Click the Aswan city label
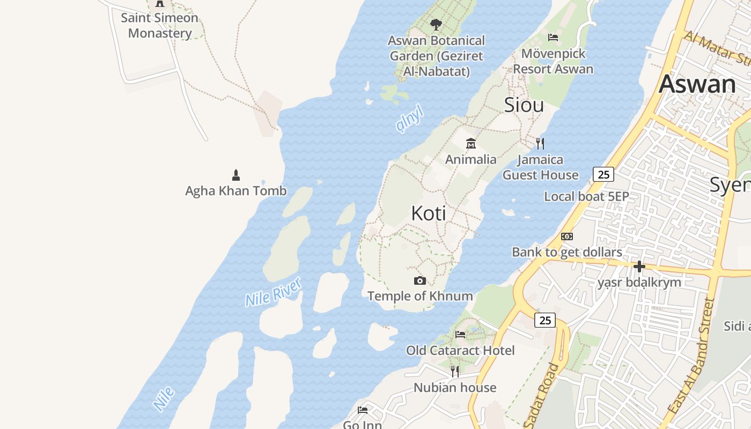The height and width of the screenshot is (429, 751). pyautogui.click(x=697, y=84)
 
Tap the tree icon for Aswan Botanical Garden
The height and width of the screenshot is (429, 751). pyautogui.click(x=436, y=24)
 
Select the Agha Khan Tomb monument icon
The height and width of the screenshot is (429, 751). pyautogui.click(x=235, y=175)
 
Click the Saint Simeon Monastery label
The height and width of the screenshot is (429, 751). pyautogui.click(x=159, y=25)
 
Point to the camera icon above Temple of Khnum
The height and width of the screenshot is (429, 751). pyautogui.click(x=420, y=280)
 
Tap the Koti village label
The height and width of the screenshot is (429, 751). pyautogui.click(x=429, y=213)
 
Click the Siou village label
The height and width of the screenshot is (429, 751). pyautogui.click(x=524, y=105)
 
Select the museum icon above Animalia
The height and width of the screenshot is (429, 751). pyautogui.click(x=471, y=143)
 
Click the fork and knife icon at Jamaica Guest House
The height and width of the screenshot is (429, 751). pyautogui.click(x=540, y=143)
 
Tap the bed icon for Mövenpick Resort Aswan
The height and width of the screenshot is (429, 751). pyautogui.click(x=553, y=38)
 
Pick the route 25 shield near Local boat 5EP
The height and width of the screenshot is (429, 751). pyautogui.click(x=603, y=174)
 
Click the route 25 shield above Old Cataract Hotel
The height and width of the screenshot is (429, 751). pyautogui.click(x=545, y=320)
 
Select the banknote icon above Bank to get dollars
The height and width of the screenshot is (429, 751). pyautogui.click(x=567, y=236)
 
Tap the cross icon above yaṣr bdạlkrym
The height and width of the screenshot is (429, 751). pyautogui.click(x=639, y=266)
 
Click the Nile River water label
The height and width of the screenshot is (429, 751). pyautogui.click(x=273, y=292)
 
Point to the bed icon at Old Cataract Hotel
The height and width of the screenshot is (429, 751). pyautogui.click(x=460, y=335)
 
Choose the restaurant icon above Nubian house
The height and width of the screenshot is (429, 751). pyautogui.click(x=455, y=371)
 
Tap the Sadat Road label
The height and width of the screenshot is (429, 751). pyautogui.click(x=543, y=396)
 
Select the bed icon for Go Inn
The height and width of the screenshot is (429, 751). pyautogui.click(x=363, y=410)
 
